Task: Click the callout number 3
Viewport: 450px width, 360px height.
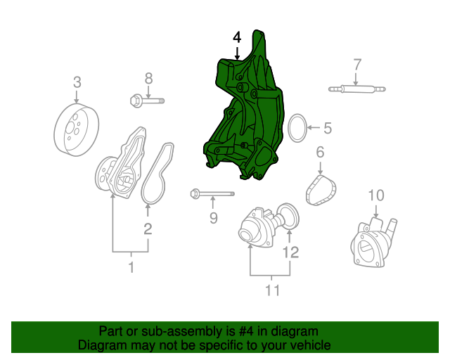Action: point(77,82)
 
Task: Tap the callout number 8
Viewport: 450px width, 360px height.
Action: point(148,77)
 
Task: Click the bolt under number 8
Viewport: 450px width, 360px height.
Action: point(147,101)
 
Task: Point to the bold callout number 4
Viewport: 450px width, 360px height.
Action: point(237,37)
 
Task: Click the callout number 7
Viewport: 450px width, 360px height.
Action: point(357,65)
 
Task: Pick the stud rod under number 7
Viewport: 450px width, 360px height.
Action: point(357,89)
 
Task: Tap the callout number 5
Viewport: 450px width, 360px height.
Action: point(327,128)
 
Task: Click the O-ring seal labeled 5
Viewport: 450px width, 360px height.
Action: point(298,127)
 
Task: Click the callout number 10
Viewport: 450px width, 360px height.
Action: point(376,195)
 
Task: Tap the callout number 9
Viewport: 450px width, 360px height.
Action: point(214,219)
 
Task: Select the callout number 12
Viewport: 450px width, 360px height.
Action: point(290,251)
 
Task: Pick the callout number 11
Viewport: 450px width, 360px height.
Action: point(272,289)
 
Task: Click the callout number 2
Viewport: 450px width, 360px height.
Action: point(148,228)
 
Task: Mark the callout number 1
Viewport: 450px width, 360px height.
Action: point(131,266)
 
